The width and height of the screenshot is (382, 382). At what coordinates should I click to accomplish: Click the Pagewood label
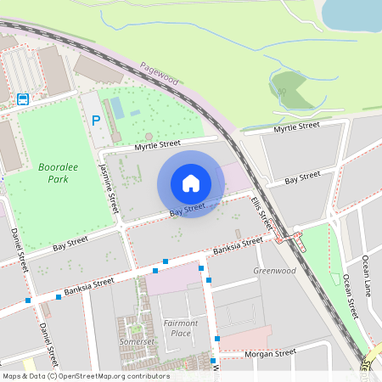[x=159, y=75]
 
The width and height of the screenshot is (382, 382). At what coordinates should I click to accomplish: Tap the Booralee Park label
[x=59, y=173]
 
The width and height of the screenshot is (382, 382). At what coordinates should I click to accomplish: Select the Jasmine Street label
[x=109, y=188]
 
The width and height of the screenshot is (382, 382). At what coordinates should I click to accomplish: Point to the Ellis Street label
[x=261, y=212]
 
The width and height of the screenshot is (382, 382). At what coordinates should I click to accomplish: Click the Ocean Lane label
[x=367, y=271]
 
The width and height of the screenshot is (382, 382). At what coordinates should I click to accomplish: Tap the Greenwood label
[x=274, y=271]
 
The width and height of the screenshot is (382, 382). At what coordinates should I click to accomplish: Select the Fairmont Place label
[x=180, y=328]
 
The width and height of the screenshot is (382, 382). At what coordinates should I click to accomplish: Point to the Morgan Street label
[x=269, y=351]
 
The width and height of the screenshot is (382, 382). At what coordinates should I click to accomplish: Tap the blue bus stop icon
[x=23, y=98]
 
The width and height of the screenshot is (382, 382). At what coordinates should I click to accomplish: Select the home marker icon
[x=191, y=183]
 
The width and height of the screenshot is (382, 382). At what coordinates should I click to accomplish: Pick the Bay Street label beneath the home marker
[x=188, y=208]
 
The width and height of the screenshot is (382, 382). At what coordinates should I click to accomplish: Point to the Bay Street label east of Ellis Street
[x=302, y=177]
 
